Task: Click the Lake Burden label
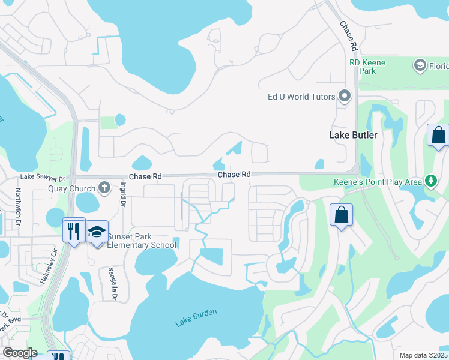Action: pyautogui.click(x=196, y=317)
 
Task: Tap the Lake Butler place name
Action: pyautogui.click(x=353, y=135)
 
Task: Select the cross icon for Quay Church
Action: pyautogui.click(x=104, y=187)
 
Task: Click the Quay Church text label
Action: pyautogui.click(x=72, y=188)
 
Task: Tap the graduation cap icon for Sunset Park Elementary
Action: pyautogui.click(x=96, y=232)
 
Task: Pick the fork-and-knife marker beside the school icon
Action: pyautogui.click(x=73, y=230)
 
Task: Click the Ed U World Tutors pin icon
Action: pyautogui.click(x=345, y=96)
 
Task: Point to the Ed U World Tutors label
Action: pyautogui.click(x=301, y=97)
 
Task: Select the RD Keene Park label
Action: pyautogui.click(x=367, y=67)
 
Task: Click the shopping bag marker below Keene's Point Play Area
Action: pyautogui.click(x=341, y=215)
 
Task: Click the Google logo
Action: pyautogui.click(x=19, y=353)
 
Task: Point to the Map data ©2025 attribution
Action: pyautogui.click(x=423, y=355)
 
